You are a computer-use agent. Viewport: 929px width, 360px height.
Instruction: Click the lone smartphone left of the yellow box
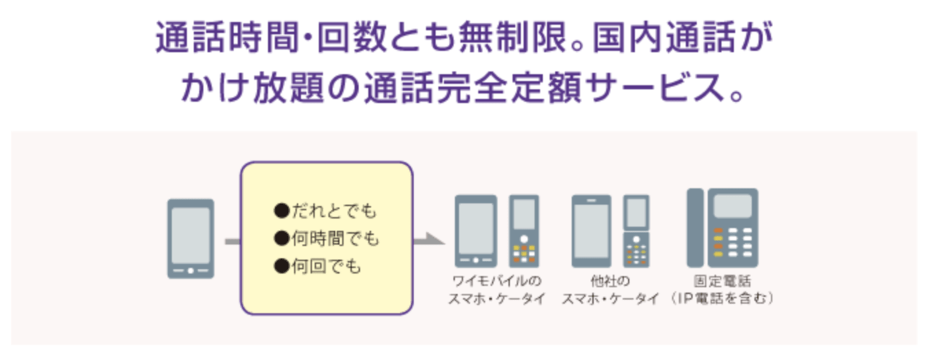(x=190, y=238)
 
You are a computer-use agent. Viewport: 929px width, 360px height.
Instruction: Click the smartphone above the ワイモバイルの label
(x=475, y=231)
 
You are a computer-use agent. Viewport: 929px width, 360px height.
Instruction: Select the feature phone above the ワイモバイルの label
(x=524, y=231)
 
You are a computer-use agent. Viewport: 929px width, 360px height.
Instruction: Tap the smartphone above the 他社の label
(x=592, y=231)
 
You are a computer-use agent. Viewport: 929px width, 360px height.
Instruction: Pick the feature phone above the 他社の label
(x=637, y=231)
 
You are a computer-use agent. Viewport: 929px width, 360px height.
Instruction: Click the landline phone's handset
(x=695, y=227)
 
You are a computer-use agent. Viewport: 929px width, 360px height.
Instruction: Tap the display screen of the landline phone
(x=732, y=206)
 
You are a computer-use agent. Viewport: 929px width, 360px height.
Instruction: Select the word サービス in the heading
(x=679, y=88)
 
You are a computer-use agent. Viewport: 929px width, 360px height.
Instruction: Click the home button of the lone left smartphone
(x=190, y=270)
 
